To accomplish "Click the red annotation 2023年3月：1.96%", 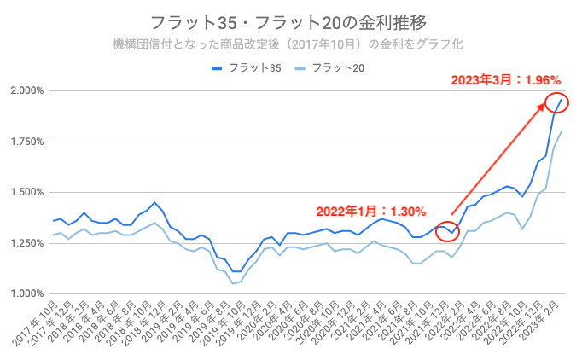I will pyautogui.click(x=505, y=80).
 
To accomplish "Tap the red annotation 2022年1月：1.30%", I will pyautogui.click(x=371, y=211).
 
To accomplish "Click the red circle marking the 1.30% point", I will pyautogui.click(x=447, y=230).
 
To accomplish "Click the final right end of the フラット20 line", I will pyautogui.click(x=561, y=132).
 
